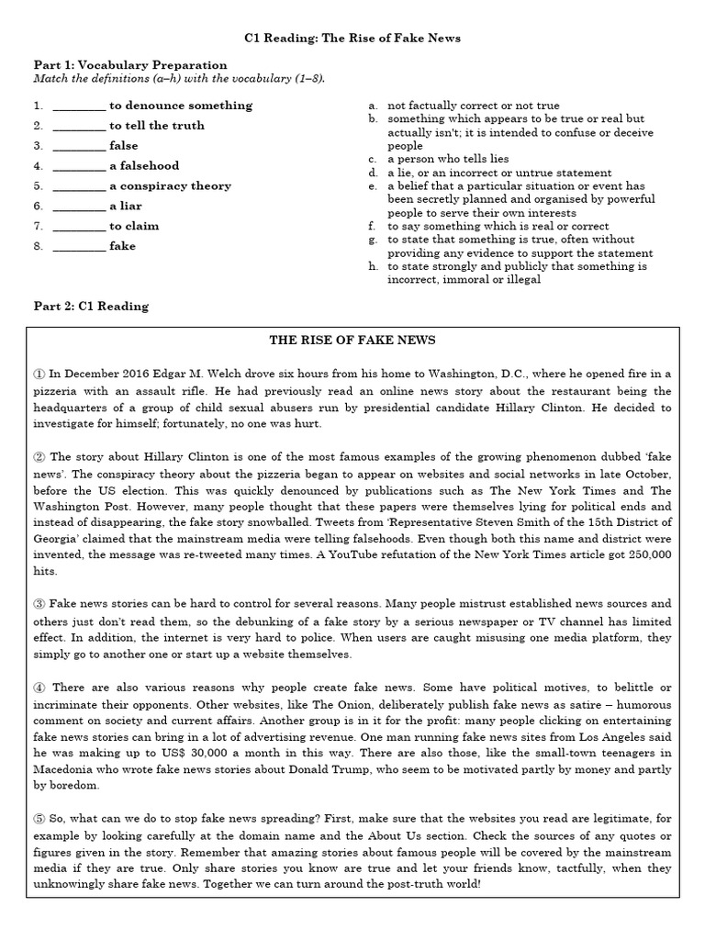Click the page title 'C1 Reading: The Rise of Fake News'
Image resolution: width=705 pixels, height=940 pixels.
click(x=352, y=39)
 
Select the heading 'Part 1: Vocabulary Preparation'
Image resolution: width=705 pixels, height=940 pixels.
click(x=130, y=65)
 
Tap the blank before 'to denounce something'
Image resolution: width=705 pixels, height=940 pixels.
click(x=79, y=106)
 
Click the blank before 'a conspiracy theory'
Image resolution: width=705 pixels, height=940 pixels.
click(x=79, y=186)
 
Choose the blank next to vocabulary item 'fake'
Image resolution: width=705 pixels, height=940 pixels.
click(x=79, y=247)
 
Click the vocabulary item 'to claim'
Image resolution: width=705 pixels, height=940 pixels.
click(x=134, y=227)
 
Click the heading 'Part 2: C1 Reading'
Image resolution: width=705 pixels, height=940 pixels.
click(x=91, y=306)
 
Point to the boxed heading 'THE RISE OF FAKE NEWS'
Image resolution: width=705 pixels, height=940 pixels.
click(x=352, y=341)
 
